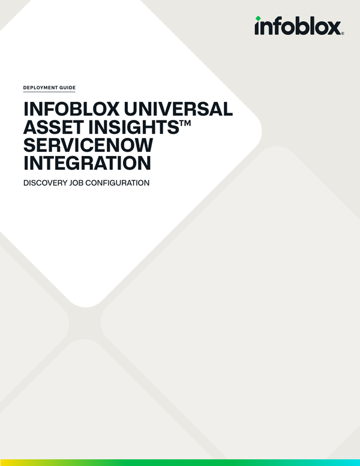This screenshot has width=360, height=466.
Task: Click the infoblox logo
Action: click(299, 26)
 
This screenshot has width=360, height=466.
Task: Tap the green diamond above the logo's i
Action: click(258, 18)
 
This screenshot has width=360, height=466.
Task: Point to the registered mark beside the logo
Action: click(343, 34)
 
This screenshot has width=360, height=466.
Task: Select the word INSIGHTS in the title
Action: click(130, 127)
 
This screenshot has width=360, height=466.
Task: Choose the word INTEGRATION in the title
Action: click(86, 163)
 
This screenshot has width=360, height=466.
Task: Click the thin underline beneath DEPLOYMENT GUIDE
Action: click(49, 92)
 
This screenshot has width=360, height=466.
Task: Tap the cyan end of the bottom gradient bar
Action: click(355, 462)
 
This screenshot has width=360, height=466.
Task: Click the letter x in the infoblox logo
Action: click(333, 28)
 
